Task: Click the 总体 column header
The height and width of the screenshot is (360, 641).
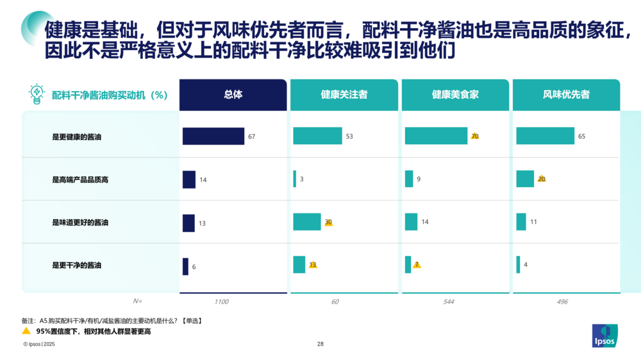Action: coord(233,95)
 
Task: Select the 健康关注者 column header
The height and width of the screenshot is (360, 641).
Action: coord(344,95)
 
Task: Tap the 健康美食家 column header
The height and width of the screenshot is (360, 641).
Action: coord(455,95)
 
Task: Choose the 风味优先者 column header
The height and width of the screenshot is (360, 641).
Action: coord(566,95)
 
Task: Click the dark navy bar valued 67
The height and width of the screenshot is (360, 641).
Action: coord(213,136)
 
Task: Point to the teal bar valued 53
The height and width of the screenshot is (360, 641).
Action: coord(318,136)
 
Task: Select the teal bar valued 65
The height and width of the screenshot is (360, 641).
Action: coord(545,136)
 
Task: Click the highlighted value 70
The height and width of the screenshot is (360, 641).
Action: coord(475,136)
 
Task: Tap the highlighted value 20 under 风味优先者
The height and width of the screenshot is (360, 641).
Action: coord(542,179)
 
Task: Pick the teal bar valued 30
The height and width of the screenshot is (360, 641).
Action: coord(307,222)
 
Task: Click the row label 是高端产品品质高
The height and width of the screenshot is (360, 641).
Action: coord(80,180)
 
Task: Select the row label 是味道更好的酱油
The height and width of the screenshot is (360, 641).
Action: coord(80,223)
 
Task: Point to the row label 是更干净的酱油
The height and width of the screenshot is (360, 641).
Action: coord(76,265)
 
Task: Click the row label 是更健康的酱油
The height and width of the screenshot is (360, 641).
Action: coord(76,137)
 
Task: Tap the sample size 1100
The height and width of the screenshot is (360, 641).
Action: coord(221,302)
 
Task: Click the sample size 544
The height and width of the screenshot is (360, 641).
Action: coord(449,302)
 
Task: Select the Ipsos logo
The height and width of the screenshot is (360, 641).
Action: coord(604,336)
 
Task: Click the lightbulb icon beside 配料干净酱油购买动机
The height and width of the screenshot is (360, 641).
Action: coord(37,94)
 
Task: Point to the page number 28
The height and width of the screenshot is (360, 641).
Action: coord(320,344)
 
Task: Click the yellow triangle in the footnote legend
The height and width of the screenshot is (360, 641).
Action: coord(26,331)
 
